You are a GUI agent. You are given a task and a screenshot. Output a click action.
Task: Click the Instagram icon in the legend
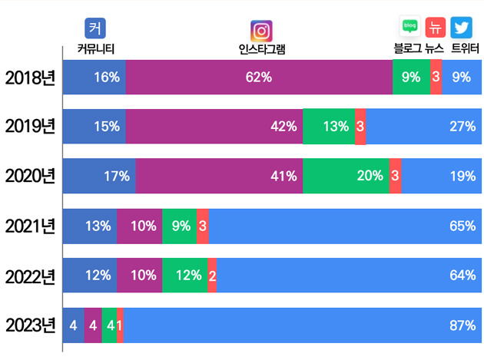click(262, 31)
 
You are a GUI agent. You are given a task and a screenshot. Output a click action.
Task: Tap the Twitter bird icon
click(461, 28)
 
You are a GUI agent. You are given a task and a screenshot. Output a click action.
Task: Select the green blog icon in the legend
click(409, 28)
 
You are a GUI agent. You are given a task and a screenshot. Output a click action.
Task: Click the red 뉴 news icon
click(436, 28)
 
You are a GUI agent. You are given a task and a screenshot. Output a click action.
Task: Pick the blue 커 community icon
click(95, 28)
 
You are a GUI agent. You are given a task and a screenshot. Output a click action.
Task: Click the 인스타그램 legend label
click(262, 50)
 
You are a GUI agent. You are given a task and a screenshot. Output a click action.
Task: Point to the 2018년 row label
click(31, 77)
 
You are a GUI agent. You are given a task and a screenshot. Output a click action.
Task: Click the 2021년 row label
click(31, 226)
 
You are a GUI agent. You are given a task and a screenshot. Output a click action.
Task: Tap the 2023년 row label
click(31, 325)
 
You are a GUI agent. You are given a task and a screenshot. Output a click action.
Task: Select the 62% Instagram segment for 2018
click(259, 77)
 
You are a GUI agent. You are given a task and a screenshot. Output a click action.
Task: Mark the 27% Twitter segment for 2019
click(424, 127)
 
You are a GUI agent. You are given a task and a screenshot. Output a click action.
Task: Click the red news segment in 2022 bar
click(212, 275)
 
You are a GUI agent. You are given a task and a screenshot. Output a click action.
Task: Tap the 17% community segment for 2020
click(99, 176)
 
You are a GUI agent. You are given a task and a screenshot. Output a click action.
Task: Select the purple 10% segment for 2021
click(139, 226)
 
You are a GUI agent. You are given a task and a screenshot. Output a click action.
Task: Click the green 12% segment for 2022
click(184, 275)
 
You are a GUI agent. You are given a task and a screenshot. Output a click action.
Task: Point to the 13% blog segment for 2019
click(328, 127)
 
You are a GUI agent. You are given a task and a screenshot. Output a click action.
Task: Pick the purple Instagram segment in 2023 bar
click(93, 325)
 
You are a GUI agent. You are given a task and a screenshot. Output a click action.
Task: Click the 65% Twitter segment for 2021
click(345, 226)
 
